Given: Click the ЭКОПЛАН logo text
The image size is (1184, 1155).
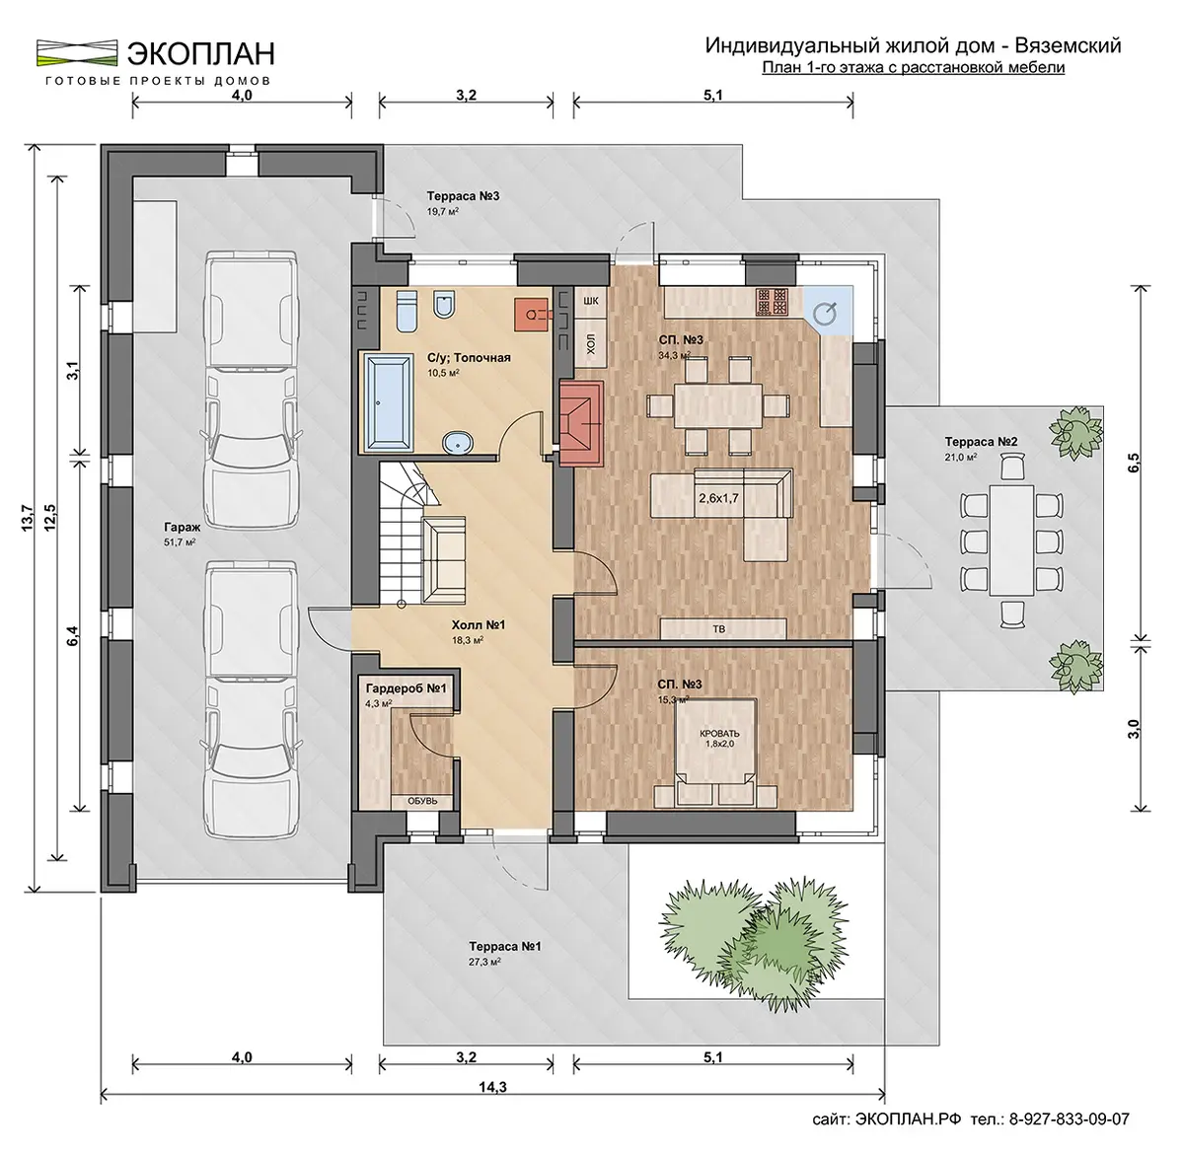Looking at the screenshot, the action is [x=200, y=53].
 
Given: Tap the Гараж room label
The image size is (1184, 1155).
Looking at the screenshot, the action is [x=182, y=528].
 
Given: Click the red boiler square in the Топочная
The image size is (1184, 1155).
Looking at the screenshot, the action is [x=531, y=315].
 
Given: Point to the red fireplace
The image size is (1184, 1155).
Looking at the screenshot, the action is [x=581, y=423].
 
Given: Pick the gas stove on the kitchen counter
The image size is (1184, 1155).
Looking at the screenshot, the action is [x=772, y=302].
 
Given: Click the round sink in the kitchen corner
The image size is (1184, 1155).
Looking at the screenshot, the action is [x=825, y=314].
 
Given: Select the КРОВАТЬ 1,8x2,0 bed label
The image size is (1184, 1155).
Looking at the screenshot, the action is [x=718, y=738].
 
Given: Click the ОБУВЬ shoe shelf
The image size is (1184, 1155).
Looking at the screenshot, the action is [x=422, y=801].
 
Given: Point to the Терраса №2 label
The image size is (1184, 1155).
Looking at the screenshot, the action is [x=981, y=442].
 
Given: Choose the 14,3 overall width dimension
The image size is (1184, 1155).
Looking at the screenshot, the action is [x=492, y=1086].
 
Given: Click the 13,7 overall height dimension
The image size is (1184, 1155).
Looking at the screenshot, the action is [x=28, y=518].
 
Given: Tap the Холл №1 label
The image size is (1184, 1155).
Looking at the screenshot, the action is [x=479, y=624].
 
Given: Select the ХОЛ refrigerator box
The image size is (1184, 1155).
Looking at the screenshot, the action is [x=590, y=344].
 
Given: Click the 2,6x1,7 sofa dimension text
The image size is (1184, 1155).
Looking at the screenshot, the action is [x=718, y=498].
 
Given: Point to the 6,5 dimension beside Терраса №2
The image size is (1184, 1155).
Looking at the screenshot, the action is [x=1133, y=466].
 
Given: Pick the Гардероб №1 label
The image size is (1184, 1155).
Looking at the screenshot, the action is [x=406, y=688].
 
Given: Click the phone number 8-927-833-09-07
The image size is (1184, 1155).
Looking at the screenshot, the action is [x=1069, y=1119].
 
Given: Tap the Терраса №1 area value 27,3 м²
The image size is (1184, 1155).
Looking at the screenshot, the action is [x=484, y=962].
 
